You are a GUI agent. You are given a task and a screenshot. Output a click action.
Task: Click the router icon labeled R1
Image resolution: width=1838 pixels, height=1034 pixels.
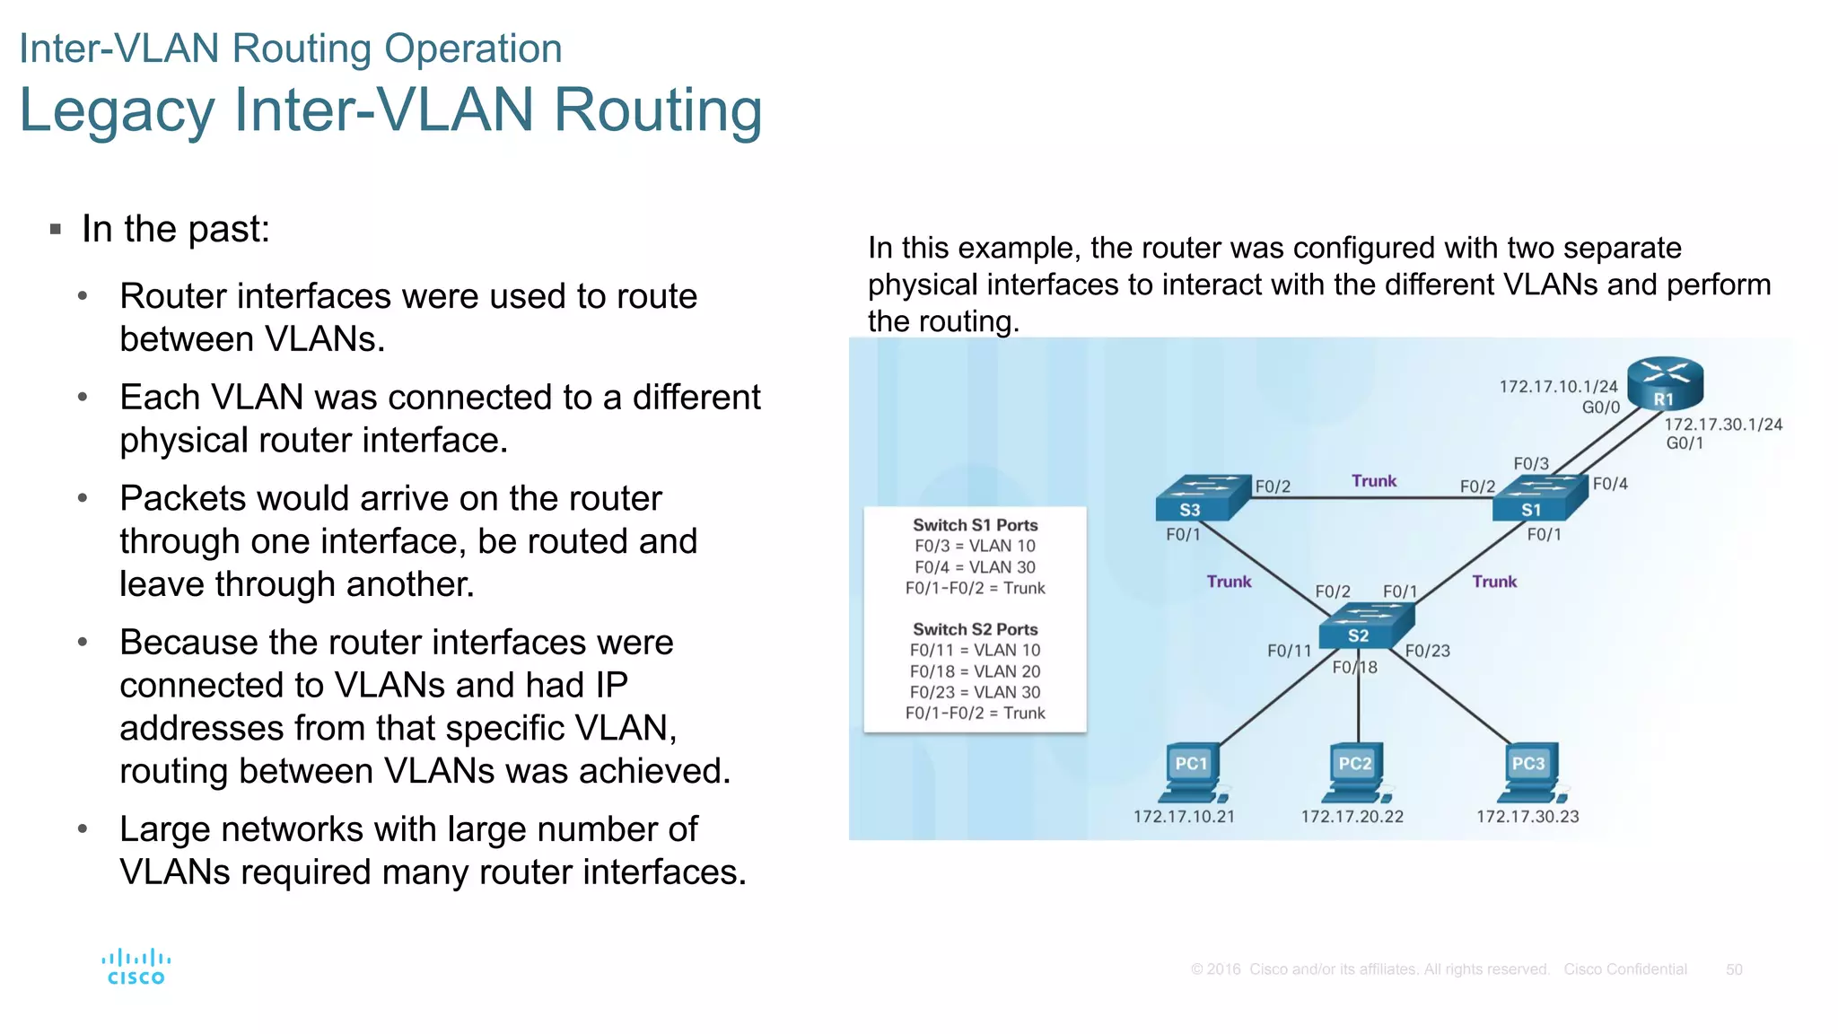pos(1665,383)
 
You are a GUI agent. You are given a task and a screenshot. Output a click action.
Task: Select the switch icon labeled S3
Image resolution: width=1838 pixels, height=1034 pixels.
pos(1201,498)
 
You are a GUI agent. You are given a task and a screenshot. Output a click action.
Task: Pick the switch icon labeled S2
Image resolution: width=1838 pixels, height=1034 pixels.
pos(1367,625)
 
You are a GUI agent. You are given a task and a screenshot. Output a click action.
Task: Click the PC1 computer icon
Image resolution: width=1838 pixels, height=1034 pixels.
pos(1192,773)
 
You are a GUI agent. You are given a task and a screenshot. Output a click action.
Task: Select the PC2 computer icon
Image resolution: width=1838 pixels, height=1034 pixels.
pos(1355,773)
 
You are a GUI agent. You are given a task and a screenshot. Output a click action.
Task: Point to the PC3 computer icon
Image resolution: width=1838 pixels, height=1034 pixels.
pos(1528,773)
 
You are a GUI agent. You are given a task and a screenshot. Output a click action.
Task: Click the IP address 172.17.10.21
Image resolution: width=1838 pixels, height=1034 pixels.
pos(1184,817)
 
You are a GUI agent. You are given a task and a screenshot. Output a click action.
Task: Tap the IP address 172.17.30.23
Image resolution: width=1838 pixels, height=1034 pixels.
pos(1527,817)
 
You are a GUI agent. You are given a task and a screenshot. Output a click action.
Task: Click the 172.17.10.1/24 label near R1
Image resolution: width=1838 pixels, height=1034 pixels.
pos(1558,387)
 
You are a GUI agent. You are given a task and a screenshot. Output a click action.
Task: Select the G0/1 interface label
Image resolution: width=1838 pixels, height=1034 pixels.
pos(1685,443)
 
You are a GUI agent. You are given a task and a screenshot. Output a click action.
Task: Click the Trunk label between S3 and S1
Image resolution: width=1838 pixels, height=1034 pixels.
pos(1374,481)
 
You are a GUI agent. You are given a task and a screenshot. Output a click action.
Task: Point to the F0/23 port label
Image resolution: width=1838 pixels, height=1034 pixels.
pos(1427,652)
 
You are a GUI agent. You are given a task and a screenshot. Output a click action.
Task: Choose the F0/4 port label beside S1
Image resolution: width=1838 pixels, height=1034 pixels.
pos(1610,485)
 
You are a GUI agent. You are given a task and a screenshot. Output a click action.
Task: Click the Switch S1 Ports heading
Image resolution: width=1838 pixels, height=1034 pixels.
pos(975,525)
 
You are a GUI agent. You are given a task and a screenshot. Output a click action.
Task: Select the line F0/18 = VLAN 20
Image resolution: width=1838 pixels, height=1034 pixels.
pos(975,671)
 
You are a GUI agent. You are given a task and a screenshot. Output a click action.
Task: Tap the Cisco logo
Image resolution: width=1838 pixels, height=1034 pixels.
pos(136,968)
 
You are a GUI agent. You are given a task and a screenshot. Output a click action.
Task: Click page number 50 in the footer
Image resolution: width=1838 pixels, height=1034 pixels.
pos(1734,969)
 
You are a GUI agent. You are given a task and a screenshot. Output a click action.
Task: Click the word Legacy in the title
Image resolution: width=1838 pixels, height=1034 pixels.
pos(117,110)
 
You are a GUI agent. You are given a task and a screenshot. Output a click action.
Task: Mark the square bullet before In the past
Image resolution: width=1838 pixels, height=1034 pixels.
pos(56,230)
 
